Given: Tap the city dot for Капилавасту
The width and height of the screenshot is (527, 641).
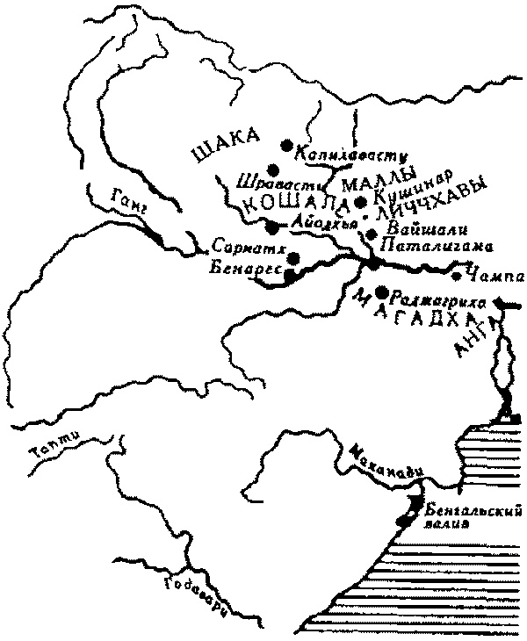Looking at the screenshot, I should click(x=285, y=145).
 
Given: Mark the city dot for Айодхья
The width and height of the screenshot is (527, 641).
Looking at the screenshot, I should click(x=272, y=227).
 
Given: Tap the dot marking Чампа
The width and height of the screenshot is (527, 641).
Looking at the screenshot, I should click(x=457, y=276).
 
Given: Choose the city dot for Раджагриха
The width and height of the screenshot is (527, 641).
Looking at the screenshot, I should click(x=380, y=292).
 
